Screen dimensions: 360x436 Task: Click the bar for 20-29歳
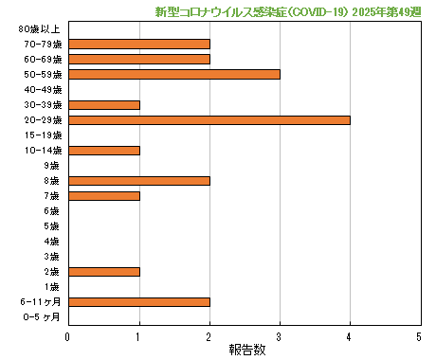[x=209, y=120]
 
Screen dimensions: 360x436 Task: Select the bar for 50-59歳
[x=174, y=74]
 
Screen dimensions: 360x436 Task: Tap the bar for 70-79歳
[x=139, y=44]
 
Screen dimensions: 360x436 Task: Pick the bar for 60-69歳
[x=139, y=59]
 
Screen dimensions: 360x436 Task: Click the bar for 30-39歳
[x=104, y=104]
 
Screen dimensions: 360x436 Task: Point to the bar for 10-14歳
[x=104, y=150]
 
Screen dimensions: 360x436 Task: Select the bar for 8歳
[x=139, y=180]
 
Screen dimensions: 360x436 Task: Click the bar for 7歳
[x=104, y=196]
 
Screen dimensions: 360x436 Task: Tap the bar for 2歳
[x=104, y=272]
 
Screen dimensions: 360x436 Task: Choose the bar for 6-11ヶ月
[x=139, y=302]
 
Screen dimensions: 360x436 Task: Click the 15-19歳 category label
[x=44, y=135]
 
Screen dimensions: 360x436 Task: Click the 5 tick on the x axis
[x=419, y=336]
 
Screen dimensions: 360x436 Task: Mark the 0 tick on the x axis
[x=68, y=336]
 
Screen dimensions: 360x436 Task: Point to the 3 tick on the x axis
[x=279, y=336]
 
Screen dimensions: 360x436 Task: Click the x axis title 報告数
[x=244, y=350]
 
